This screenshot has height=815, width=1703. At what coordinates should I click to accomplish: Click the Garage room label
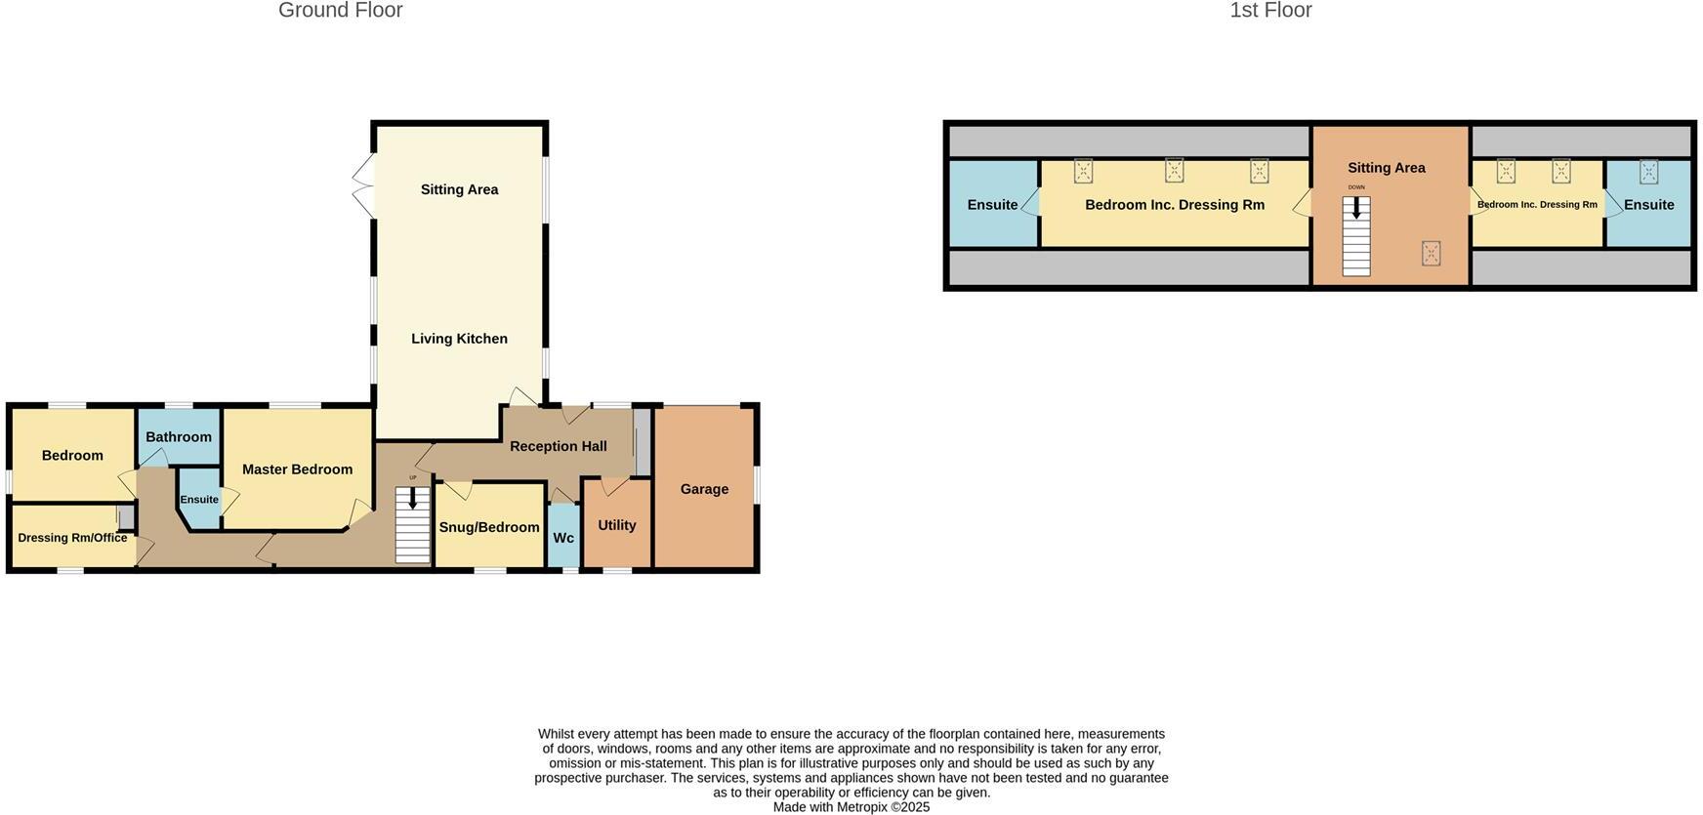click(704, 489)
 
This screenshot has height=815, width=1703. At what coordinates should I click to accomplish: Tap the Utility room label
click(616, 525)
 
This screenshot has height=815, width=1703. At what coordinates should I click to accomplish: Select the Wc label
click(563, 538)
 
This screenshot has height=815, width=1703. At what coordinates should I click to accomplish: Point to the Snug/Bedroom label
click(489, 527)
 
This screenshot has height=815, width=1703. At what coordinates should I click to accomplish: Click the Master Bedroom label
click(297, 469)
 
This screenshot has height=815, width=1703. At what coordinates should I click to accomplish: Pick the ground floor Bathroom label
click(179, 436)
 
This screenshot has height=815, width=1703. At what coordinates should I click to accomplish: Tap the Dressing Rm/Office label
click(72, 538)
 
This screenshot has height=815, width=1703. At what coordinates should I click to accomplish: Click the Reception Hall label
click(558, 446)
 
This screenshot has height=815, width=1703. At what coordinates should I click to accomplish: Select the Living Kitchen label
click(459, 339)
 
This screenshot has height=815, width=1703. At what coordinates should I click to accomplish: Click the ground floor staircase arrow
click(412, 499)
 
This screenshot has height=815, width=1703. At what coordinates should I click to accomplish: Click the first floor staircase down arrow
click(1356, 208)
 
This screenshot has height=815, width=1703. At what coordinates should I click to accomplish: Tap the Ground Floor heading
click(340, 11)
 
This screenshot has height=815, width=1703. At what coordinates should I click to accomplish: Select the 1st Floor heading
click(1269, 11)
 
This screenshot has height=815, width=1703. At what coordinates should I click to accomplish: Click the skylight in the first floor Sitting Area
click(1431, 254)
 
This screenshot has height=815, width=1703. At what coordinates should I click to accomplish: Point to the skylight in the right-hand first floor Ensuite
click(1648, 172)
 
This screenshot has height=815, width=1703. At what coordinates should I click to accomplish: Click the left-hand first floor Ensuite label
click(992, 205)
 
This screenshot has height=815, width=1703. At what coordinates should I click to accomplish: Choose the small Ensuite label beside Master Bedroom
click(199, 500)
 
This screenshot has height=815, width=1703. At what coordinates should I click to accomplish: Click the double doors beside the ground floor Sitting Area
click(362, 186)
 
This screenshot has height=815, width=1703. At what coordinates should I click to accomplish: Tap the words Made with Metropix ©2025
click(851, 807)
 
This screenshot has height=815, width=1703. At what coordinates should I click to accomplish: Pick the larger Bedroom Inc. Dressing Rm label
click(1174, 205)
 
